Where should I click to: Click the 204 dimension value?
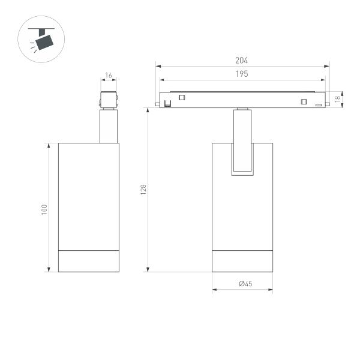242,60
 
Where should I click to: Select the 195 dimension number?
242,74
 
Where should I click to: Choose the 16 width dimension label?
109,76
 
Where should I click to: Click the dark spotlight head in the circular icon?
44,41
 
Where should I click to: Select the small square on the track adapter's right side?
304,101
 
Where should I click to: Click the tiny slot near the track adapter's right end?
319,105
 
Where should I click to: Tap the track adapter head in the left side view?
109,100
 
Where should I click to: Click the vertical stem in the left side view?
109,126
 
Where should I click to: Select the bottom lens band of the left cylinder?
88,260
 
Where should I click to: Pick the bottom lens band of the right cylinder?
242,260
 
